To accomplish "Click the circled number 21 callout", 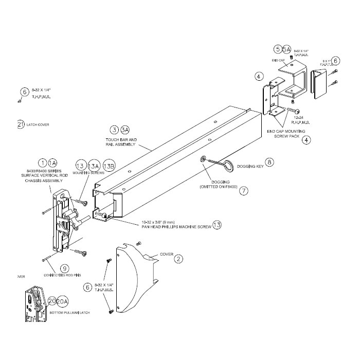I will (x=20, y=124).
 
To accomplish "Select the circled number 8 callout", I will (x=269, y=163).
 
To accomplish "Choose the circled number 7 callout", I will (x=244, y=190).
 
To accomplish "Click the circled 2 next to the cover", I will (x=178, y=259).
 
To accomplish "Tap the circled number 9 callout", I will (x=64, y=268).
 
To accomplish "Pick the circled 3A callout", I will (x=125, y=130).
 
